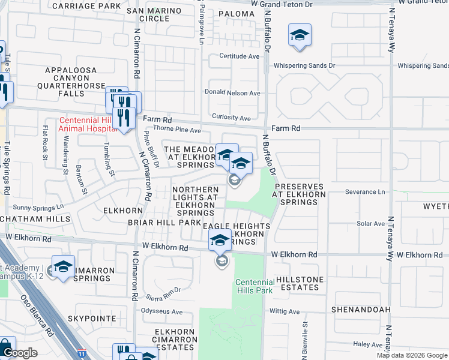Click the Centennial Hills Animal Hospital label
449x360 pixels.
(87, 124)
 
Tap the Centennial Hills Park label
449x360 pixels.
(255, 286)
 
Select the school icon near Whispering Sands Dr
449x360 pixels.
(299, 35)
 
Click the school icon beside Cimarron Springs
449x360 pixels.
(63, 267)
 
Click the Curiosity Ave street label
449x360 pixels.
(231, 118)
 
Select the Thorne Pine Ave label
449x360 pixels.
(177, 130)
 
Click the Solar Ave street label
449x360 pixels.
(370, 224)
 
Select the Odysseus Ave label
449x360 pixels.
(161, 311)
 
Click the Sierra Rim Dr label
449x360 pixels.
(164, 290)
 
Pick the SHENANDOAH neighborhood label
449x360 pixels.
(360, 310)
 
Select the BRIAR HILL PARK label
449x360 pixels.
(164, 222)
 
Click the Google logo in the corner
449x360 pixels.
(20, 353)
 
